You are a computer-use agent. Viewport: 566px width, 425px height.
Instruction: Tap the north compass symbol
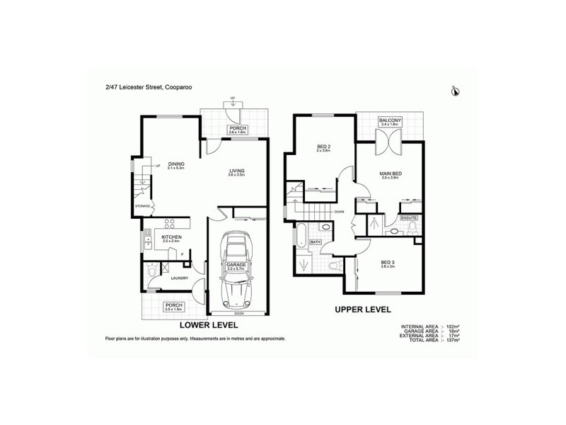(x=455, y=90)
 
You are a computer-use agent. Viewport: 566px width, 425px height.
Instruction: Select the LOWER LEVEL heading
(x=209, y=327)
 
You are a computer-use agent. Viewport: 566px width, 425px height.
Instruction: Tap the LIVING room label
(x=238, y=171)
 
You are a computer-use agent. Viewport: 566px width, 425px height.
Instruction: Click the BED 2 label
(x=324, y=147)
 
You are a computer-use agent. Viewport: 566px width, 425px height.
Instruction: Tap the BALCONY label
(x=391, y=120)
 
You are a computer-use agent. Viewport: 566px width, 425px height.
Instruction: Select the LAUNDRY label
(x=178, y=278)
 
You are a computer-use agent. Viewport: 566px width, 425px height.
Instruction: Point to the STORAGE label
(x=143, y=206)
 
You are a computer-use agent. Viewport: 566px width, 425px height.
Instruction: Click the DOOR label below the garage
(x=237, y=312)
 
